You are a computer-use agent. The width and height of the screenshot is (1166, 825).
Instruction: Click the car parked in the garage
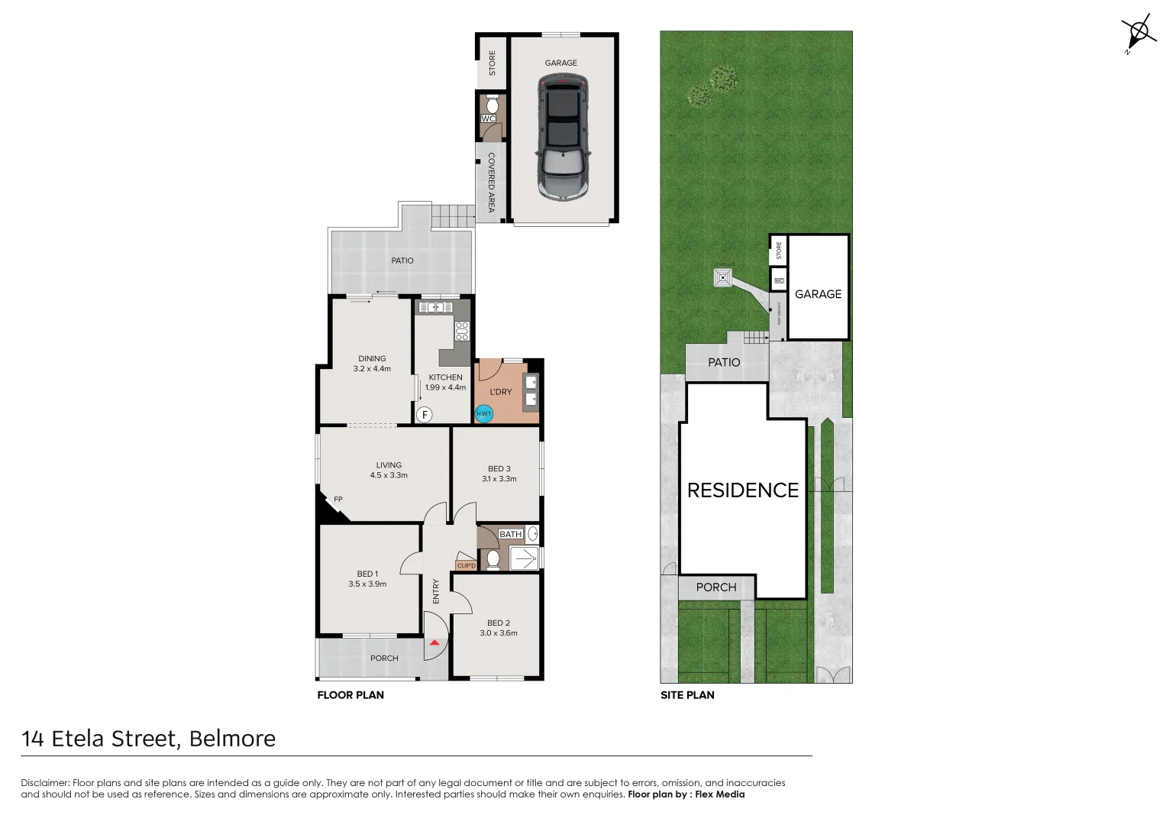tap(563, 138)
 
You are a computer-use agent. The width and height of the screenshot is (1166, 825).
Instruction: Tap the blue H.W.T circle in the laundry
tap(484, 414)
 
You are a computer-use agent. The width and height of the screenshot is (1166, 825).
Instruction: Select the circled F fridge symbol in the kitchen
tap(425, 415)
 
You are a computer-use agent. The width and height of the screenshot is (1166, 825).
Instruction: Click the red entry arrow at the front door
tap(434, 643)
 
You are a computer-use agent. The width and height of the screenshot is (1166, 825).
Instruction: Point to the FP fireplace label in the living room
tap(338, 500)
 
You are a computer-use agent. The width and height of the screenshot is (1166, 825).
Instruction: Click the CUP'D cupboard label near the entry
tap(466, 566)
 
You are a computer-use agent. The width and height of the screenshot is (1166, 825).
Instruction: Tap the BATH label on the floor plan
tap(510, 534)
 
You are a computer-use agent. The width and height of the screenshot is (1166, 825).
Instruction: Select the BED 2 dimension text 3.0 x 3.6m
tap(499, 633)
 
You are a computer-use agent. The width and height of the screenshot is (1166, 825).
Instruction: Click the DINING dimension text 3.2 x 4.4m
tap(372, 369)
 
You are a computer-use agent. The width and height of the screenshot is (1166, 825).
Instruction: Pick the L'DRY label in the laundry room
tap(501, 392)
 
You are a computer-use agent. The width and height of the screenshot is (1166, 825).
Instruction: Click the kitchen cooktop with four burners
tap(462, 331)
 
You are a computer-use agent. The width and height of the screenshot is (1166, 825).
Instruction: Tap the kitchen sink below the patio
tap(435, 307)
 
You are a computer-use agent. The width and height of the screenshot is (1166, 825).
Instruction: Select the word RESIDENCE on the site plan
tap(742, 490)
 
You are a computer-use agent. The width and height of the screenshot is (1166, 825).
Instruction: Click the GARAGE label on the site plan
tap(818, 294)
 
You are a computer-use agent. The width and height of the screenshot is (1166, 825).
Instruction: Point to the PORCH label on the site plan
tap(716, 587)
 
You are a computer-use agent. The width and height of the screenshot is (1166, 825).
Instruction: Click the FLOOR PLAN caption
tap(350, 695)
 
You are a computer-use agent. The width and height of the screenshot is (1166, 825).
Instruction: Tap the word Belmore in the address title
tap(232, 739)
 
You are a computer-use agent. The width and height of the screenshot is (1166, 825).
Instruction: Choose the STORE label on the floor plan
tap(493, 63)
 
